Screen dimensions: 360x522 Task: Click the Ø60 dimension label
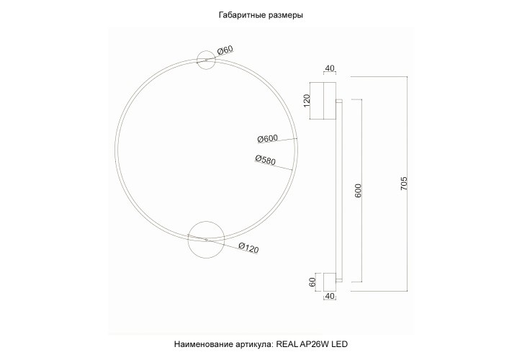[225, 50]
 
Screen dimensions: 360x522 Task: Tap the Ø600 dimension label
[267, 139]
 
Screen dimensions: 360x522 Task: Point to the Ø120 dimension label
[248, 248]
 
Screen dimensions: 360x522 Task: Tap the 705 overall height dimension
[404, 185]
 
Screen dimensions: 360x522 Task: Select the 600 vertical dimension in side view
[358, 191]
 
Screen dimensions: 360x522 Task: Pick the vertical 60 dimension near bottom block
[312, 282]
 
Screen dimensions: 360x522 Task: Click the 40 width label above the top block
[330, 69]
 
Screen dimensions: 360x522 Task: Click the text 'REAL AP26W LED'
[312, 346]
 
